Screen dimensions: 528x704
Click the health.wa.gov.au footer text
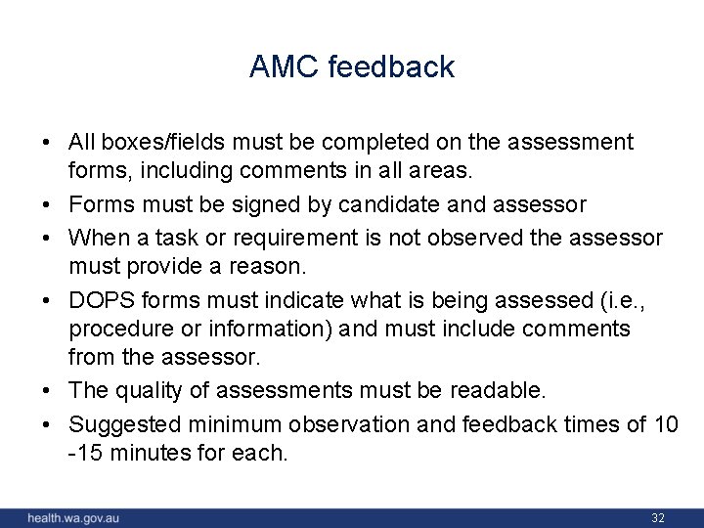pos(73,517)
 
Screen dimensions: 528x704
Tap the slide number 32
pos(657,516)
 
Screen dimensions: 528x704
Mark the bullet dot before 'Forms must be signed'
pos(47,204)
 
